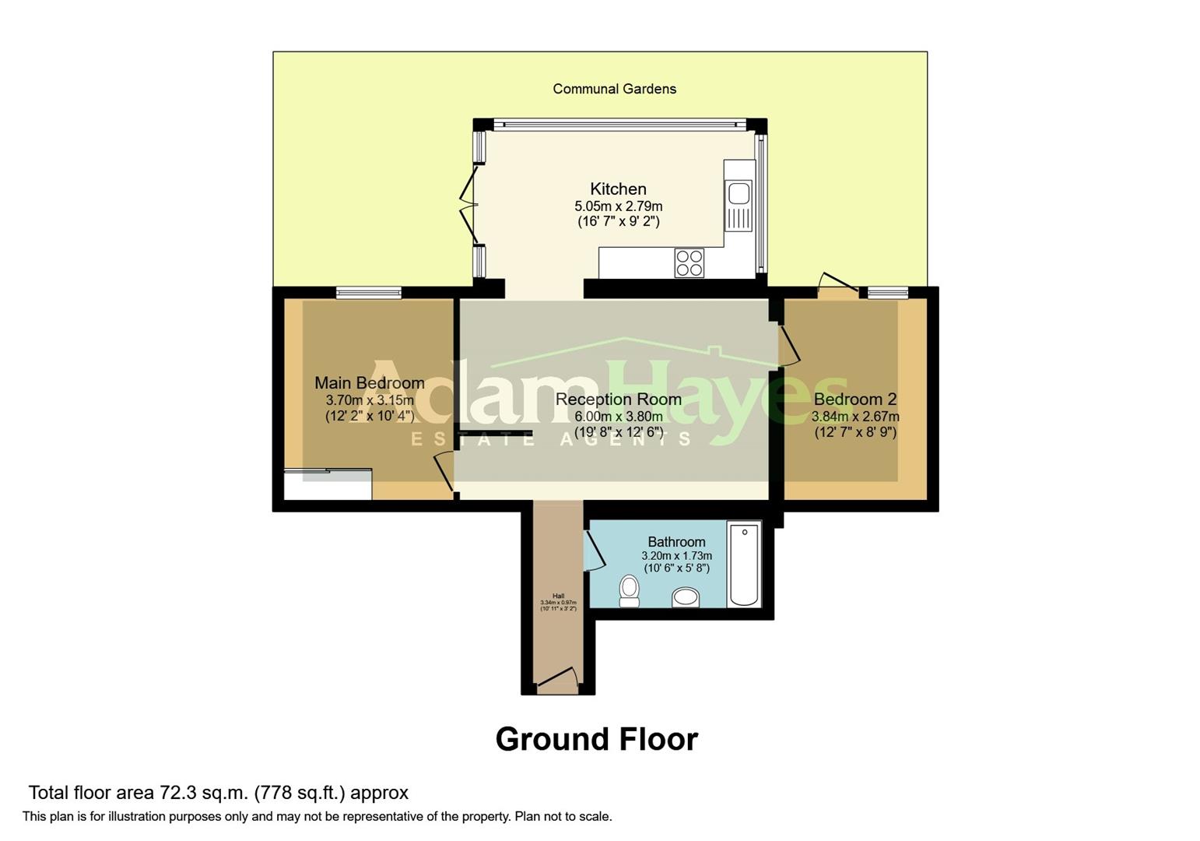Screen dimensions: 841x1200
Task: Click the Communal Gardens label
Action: [x=614, y=89]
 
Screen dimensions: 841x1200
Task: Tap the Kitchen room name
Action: [x=618, y=188]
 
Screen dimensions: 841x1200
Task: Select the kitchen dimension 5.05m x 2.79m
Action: [x=618, y=206]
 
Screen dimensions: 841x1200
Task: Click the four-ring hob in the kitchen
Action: [x=689, y=262]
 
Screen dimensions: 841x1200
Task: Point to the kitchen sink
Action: [x=739, y=193]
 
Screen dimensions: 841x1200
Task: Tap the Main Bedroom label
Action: [x=369, y=382]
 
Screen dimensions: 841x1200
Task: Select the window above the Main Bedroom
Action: [x=369, y=293]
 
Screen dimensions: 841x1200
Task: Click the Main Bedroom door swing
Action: [x=444, y=471]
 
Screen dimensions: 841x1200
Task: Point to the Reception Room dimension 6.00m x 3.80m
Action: [x=618, y=417]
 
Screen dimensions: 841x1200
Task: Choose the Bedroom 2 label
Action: [x=854, y=399]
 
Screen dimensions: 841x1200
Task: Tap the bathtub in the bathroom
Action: [x=744, y=564]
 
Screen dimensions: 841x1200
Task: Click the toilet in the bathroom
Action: [x=629, y=591]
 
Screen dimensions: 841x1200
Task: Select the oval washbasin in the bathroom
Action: [x=686, y=597]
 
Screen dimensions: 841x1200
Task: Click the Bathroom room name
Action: [x=676, y=542]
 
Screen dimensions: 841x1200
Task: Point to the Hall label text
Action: [x=558, y=596]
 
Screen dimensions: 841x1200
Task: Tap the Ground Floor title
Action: [x=596, y=739]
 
